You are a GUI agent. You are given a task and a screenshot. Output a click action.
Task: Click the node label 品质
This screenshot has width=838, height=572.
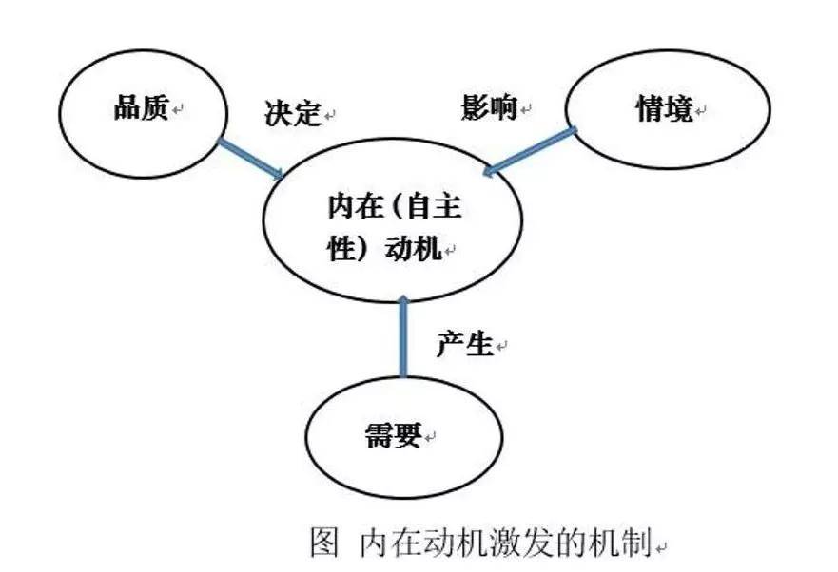tap(142, 108)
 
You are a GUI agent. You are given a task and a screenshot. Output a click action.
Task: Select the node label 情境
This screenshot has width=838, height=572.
tap(664, 108)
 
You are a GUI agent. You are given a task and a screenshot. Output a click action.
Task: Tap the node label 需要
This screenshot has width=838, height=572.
tap(394, 435)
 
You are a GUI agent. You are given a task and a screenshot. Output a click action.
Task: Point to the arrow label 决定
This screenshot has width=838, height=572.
tap(293, 112)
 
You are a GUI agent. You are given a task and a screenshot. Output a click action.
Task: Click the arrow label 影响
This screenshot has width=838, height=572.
tap(490, 106)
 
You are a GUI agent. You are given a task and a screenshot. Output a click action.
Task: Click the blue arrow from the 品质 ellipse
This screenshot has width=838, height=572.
tap(251, 160)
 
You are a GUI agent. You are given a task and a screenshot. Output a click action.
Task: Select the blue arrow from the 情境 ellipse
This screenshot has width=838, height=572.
tap(529, 151)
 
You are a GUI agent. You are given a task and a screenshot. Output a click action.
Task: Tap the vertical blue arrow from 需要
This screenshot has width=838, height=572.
tap(403, 336)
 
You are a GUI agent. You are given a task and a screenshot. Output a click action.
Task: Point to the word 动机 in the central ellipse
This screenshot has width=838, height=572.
tap(413, 248)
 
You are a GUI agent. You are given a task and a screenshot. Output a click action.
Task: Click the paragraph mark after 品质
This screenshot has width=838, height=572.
tap(178, 110)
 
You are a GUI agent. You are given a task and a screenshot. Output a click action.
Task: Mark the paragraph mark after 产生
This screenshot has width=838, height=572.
tap(501, 347)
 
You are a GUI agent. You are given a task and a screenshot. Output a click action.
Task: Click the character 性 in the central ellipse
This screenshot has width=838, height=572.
tap(341, 248)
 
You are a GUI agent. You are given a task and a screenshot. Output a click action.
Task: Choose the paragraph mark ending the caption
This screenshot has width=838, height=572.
tap(662, 547)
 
